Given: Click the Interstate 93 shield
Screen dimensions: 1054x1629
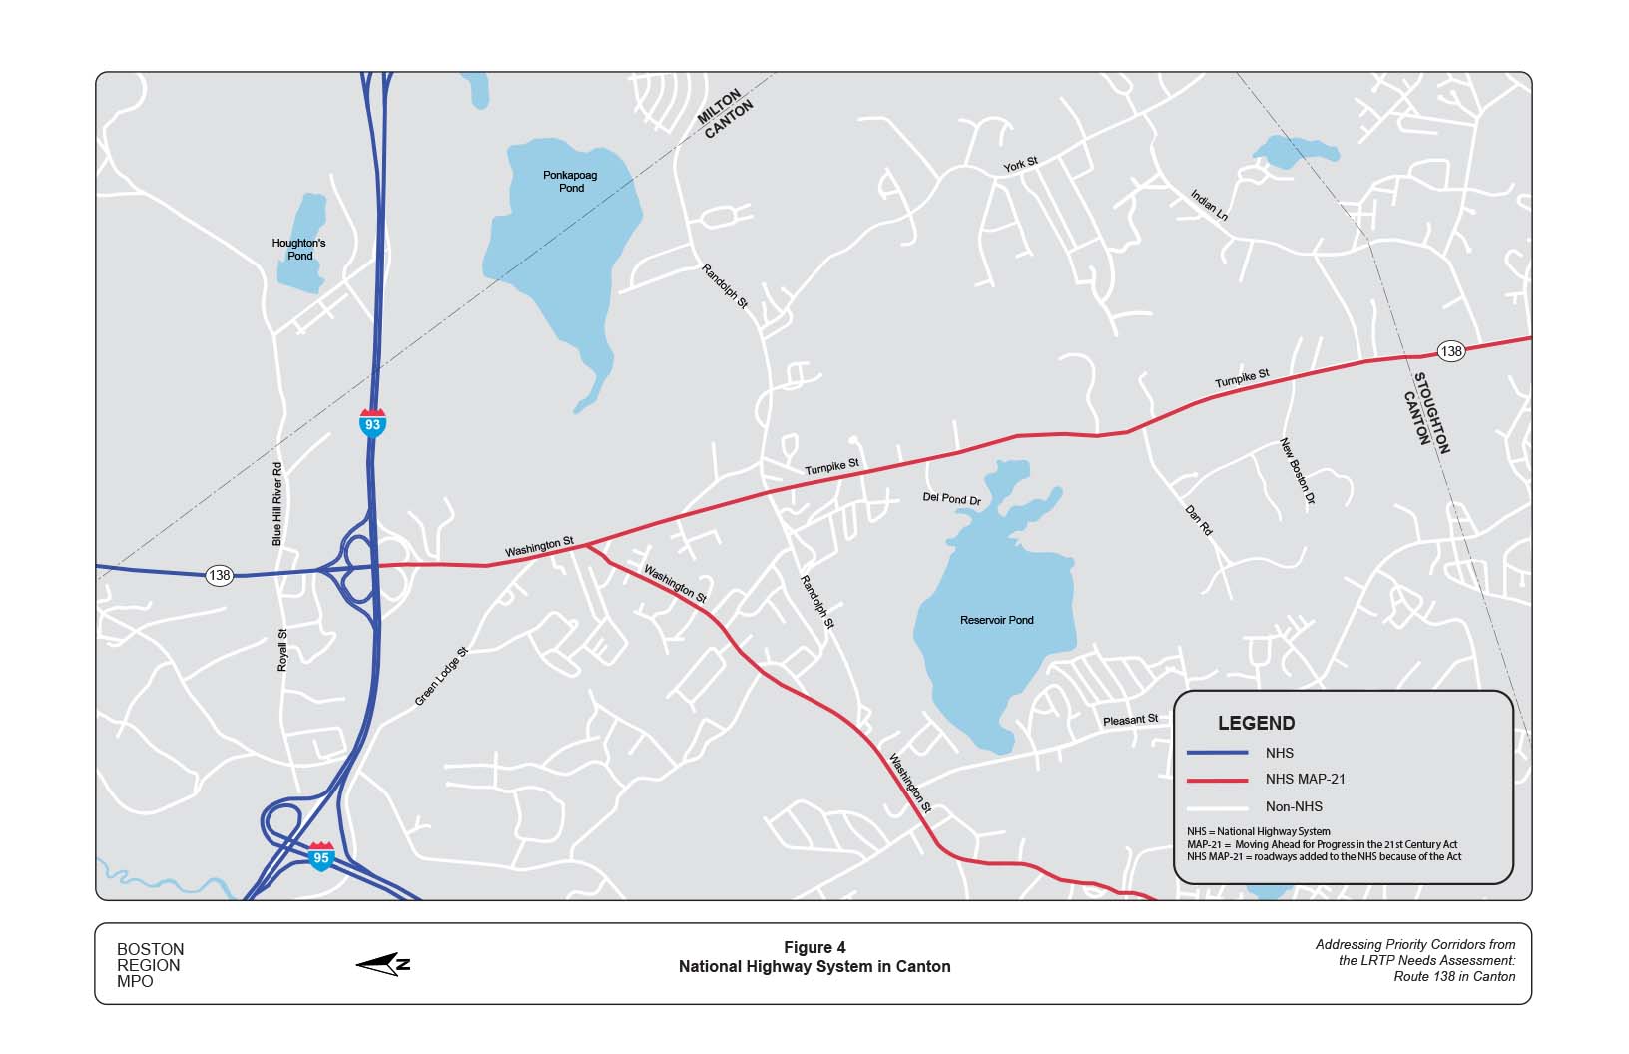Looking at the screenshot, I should coord(372,422).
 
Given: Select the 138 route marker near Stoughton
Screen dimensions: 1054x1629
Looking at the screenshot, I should coord(1451,351).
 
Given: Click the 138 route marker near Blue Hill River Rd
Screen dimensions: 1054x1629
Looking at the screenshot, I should coord(219,575).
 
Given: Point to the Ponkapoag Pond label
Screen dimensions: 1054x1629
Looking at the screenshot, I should coord(570,182).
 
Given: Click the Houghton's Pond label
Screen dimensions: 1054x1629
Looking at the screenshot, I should coord(299,250).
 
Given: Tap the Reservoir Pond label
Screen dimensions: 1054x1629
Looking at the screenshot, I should coord(996,620).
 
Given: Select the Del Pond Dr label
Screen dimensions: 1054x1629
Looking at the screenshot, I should coord(951,498).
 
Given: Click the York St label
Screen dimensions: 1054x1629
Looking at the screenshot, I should coord(1021,164).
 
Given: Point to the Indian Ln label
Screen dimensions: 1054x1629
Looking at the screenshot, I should coord(1209,205).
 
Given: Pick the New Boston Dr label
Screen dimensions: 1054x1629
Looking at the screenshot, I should coord(1298,471).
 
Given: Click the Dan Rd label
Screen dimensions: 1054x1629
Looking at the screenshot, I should coord(1199,520).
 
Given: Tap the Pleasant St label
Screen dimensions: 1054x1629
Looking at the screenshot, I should coord(1130,720).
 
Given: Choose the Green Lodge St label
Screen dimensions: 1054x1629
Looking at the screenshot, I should coord(441,677).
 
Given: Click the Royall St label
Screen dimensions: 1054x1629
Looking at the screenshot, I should coord(282,650).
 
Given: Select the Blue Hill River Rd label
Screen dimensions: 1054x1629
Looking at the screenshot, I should coord(277,504).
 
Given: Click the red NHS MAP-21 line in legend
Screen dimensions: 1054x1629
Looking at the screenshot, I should coord(1217,780).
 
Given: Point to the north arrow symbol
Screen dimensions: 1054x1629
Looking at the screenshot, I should coord(383,964).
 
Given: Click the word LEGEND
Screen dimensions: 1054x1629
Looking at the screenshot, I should coord(1256,724).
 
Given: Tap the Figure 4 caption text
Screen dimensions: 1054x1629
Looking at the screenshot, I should coord(814,948).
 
